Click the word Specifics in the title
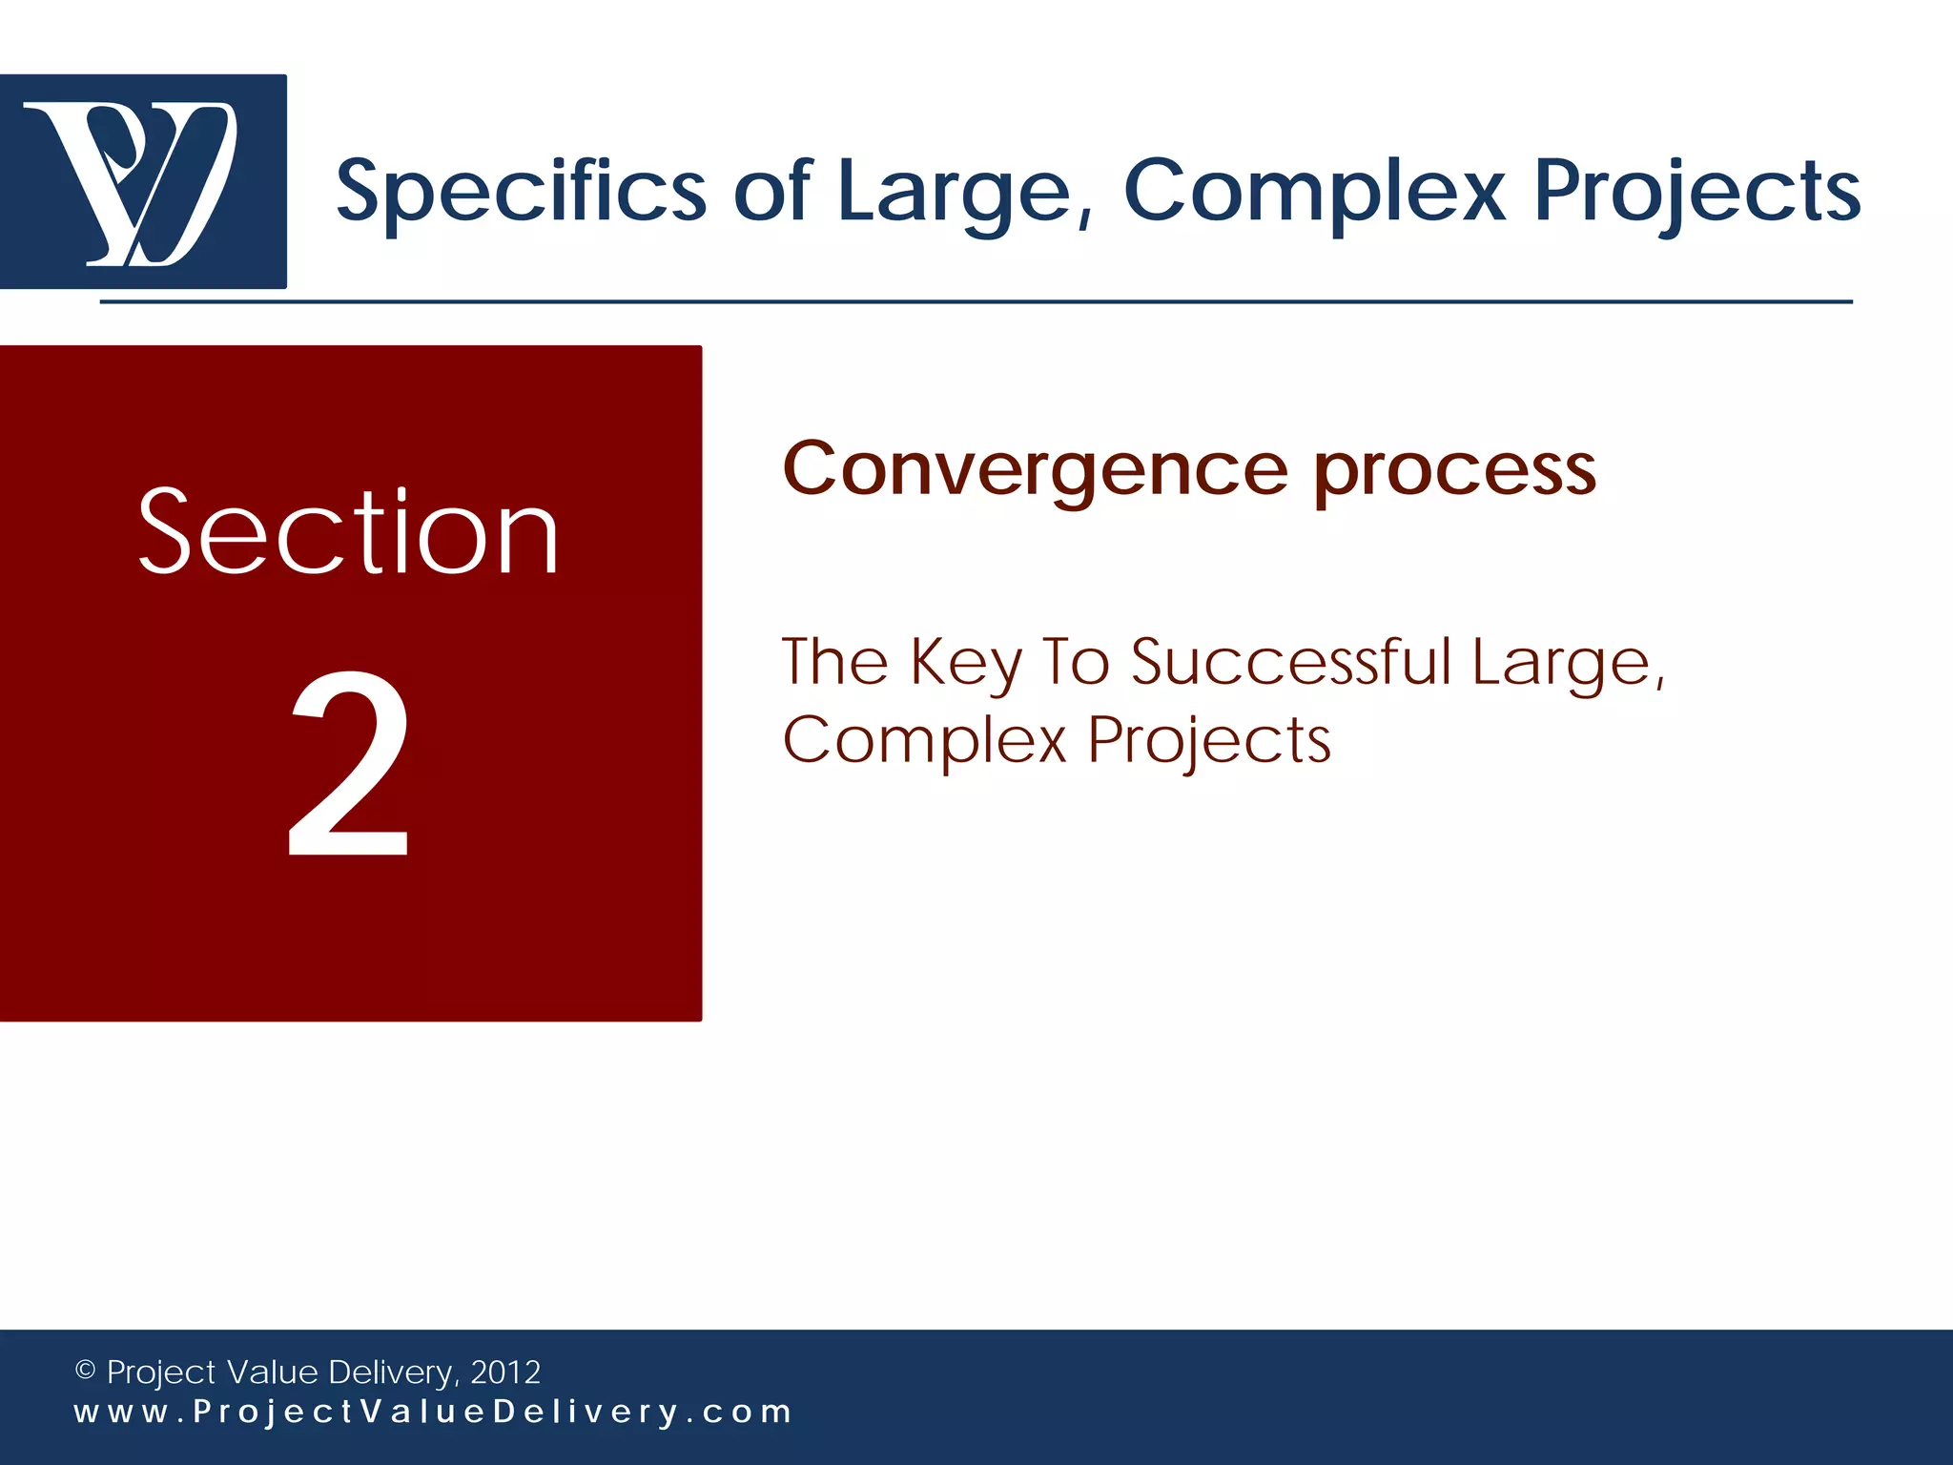(521, 191)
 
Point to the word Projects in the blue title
(1696, 191)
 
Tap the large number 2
(350, 763)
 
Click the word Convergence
(1035, 469)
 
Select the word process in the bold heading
(1454, 471)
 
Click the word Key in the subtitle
(964, 662)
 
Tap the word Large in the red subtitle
(1566, 662)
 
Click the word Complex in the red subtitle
(924, 741)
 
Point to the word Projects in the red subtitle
(1208, 741)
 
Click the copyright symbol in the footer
(86, 1371)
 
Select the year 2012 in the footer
(505, 1372)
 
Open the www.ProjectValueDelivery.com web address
(433, 1412)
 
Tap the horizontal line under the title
(976, 301)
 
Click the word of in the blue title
(772, 191)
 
